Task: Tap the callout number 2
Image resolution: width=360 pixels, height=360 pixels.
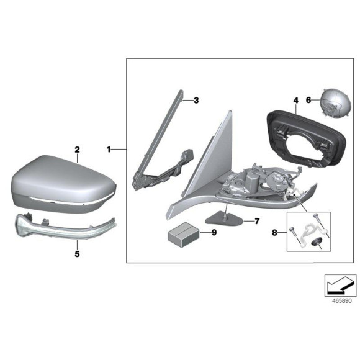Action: coord(78,150)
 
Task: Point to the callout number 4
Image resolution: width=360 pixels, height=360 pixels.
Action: coord(296,100)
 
